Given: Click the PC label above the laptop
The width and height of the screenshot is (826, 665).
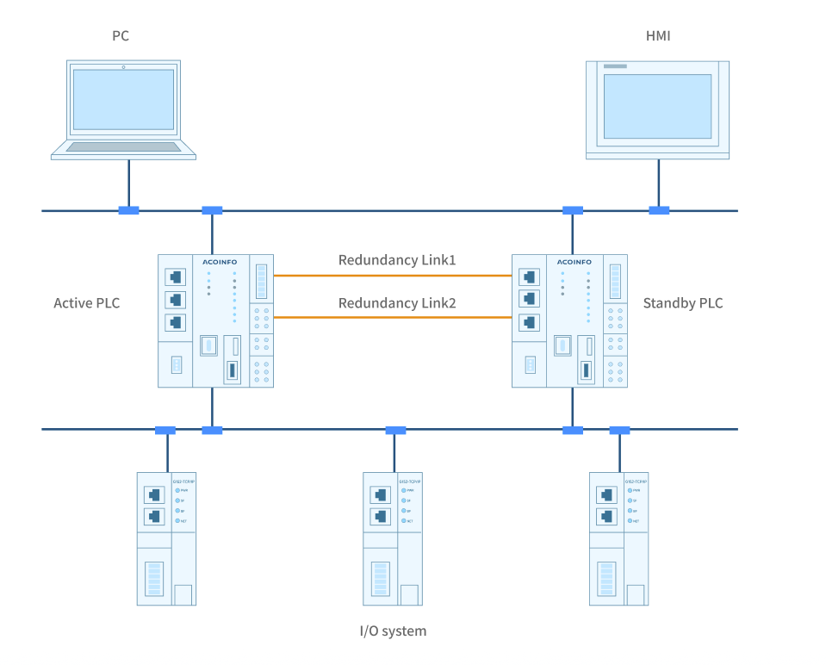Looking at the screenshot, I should (x=121, y=35).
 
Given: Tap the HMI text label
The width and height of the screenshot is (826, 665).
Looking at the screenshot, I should (x=658, y=35).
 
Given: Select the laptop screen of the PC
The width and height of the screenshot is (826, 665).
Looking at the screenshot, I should (x=122, y=99).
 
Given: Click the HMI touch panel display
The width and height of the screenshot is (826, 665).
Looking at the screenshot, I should (x=657, y=105).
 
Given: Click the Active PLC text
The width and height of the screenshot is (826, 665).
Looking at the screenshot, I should (x=87, y=302).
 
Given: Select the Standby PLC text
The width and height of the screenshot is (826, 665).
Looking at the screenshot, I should (x=683, y=302).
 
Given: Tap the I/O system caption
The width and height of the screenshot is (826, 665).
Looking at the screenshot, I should (x=393, y=631).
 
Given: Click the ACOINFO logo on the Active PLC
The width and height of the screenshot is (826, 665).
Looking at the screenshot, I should (x=220, y=261).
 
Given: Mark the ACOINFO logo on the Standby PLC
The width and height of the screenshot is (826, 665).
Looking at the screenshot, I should (x=574, y=261).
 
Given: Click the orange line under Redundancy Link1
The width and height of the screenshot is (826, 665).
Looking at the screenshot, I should (x=392, y=276).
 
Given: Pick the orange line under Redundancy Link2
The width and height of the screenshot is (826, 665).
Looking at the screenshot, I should (x=392, y=318).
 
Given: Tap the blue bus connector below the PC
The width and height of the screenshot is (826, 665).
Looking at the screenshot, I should (x=128, y=210).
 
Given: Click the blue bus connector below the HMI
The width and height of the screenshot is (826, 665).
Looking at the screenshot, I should (x=659, y=210).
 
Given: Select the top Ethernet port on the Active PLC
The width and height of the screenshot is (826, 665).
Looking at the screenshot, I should (x=176, y=277).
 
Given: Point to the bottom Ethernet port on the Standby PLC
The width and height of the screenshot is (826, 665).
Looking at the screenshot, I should (x=530, y=322).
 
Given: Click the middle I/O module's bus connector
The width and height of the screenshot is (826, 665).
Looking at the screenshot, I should (x=395, y=430).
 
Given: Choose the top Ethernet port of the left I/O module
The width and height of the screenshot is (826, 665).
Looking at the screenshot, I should (x=154, y=495).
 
